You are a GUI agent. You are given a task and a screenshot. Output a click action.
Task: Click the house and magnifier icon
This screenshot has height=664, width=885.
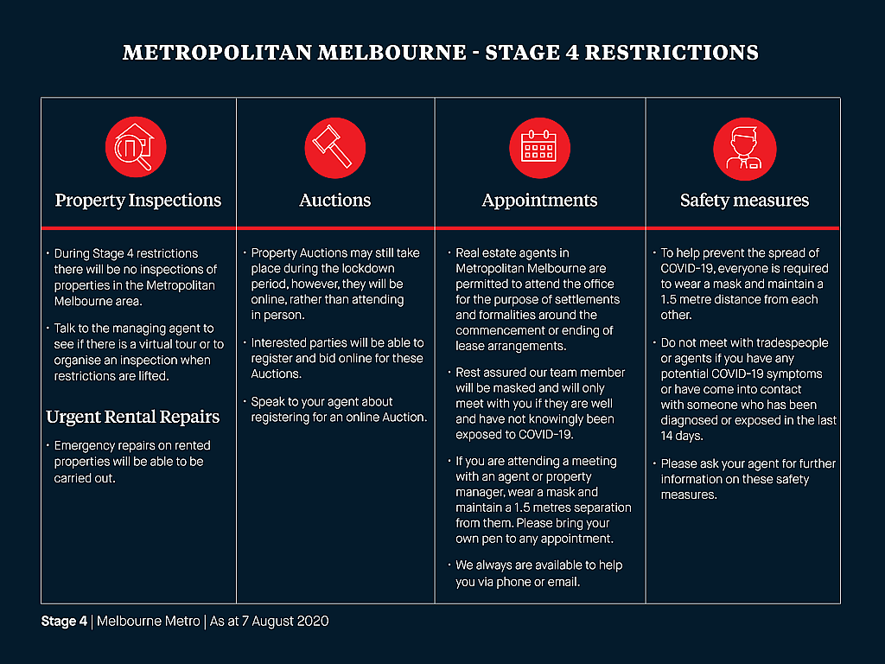pos(136,147)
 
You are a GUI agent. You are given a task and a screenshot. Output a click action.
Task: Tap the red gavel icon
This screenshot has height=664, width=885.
pos(334,148)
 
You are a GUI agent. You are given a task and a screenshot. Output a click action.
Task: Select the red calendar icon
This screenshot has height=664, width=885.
pos(539,148)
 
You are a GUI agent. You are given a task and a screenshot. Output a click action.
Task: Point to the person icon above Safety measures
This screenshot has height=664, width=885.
pos(744,149)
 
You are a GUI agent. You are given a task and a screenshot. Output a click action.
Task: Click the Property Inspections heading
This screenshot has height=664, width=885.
pos(137,201)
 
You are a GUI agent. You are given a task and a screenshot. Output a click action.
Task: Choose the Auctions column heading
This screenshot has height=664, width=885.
pos(334,200)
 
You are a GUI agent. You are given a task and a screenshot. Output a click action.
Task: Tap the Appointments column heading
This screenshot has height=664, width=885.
pos(539,201)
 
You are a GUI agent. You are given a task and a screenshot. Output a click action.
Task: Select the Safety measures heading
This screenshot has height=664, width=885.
pos(744,201)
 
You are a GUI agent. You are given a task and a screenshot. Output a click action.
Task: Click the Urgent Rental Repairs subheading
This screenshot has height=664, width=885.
pos(132,417)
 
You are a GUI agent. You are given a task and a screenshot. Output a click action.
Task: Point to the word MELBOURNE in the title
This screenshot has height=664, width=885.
pos(392,53)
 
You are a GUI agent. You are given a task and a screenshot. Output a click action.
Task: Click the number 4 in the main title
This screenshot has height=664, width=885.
pos(571,53)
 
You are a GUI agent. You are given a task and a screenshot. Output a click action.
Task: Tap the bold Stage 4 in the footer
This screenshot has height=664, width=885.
pos(64,621)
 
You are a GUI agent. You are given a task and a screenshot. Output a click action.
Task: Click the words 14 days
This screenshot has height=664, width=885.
pos(682,436)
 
